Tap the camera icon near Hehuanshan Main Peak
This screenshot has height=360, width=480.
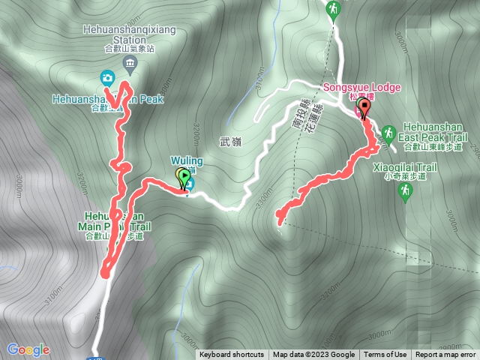pyautogui.click(x=107, y=77)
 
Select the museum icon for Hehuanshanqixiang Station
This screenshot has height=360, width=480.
pyautogui.click(x=130, y=62)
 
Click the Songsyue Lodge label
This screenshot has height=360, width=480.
pyautogui.click(x=362, y=87)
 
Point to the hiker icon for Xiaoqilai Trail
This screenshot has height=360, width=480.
pyautogui.click(x=405, y=191)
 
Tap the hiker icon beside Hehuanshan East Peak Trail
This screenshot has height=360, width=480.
pyautogui.click(x=388, y=134)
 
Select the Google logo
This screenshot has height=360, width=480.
pyautogui.click(x=28, y=349)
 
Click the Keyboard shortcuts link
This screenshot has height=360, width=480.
pyautogui.click(x=232, y=355)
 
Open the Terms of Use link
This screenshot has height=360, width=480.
pyautogui.click(x=386, y=355)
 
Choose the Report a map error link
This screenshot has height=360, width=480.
pyautogui.click(x=446, y=355)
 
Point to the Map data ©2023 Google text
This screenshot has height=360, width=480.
pyautogui.click(x=313, y=355)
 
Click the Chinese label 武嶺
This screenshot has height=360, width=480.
pyautogui.click(x=232, y=140)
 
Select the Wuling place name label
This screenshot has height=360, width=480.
pyautogui.click(x=183, y=160)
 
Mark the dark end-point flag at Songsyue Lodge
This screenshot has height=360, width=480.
pyautogui.click(x=364, y=108)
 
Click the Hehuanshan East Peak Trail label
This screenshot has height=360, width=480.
pyautogui.click(x=435, y=132)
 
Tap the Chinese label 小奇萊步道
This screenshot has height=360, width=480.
pyautogui.click(x=404, y=177)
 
